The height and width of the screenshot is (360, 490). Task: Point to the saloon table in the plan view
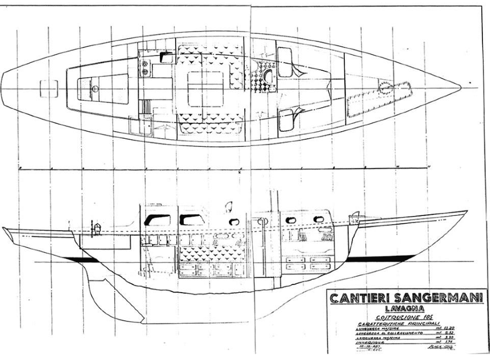coord(204,87)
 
